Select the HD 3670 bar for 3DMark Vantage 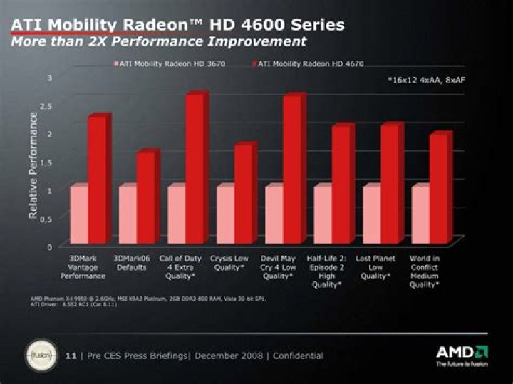pos(78,214)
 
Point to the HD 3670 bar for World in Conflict pos(420,214)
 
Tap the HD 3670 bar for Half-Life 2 pos(322,214)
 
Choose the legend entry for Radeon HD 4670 pos(309,64)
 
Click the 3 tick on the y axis pos(49,77)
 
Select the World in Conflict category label pos(423,271)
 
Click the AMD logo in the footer pos(462,353)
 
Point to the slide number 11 pos(70,356)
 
